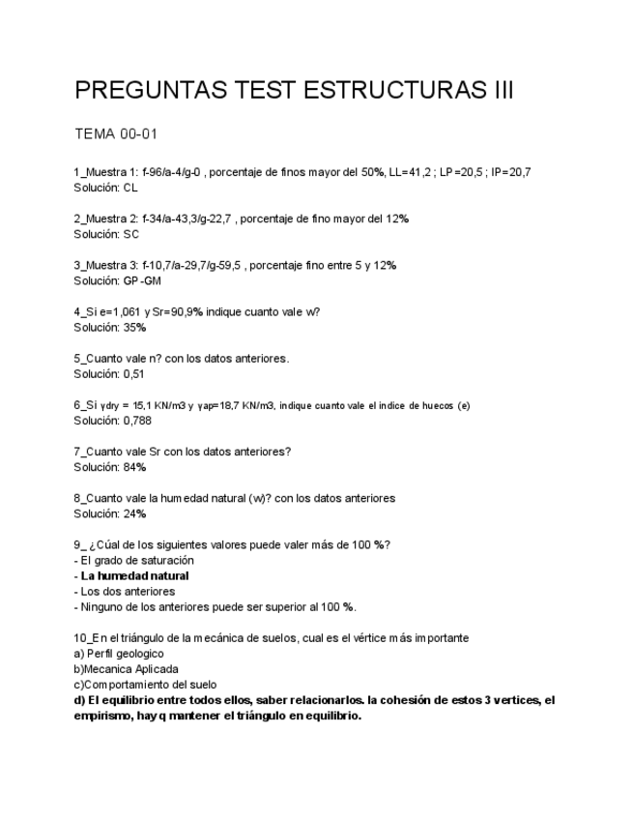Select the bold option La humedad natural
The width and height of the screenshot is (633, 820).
click(x=134, y=575)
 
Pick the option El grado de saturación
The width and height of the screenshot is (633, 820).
click(x=137, y=560)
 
